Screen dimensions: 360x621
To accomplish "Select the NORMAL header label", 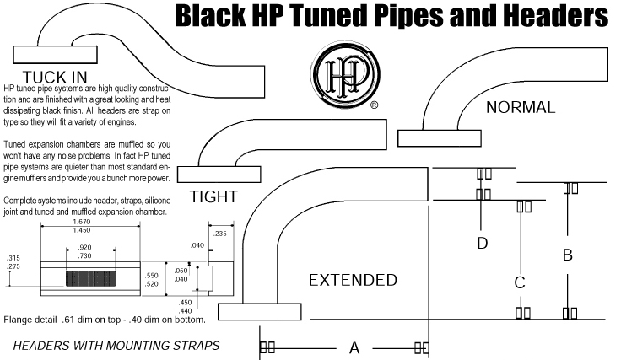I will tap(521, 108).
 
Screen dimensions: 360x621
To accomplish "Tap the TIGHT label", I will tap(213, 197).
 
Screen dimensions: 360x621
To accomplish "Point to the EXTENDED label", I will tap(353, 280).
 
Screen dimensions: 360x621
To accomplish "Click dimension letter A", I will tap(354, 347).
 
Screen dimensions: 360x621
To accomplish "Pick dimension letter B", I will tap(568, 254).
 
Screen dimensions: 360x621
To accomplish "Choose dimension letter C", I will tap(521, 282).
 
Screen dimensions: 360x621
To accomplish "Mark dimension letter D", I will tap(482, 244).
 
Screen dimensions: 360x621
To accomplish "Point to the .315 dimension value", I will tap(13, 257).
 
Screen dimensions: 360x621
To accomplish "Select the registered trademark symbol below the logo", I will tap(374, 106).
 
